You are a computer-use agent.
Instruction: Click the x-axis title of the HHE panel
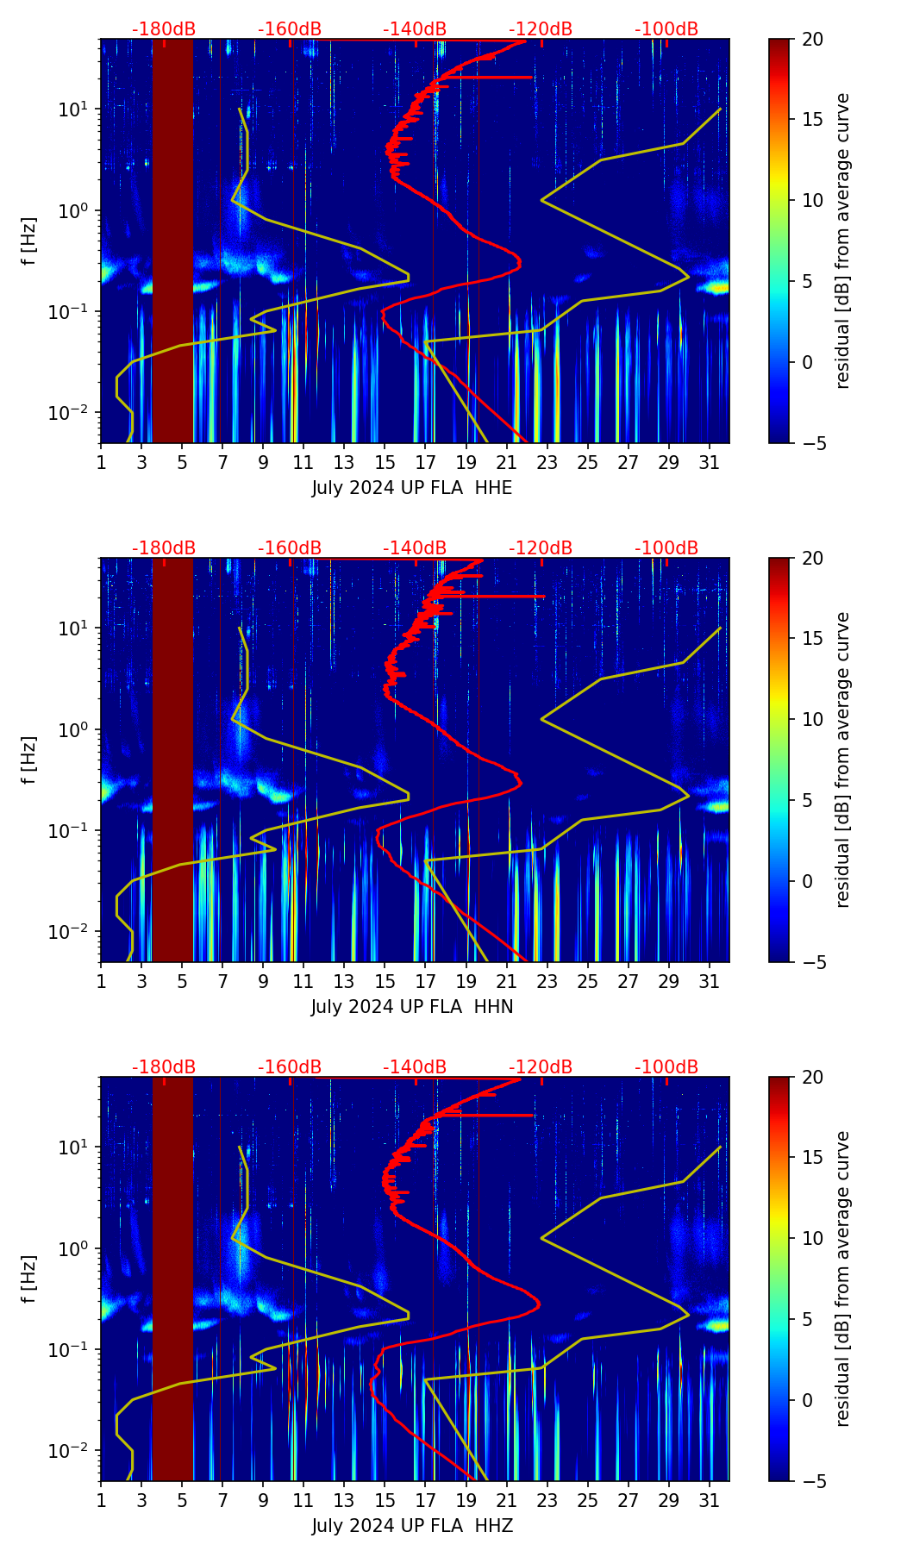[x=412, y=489]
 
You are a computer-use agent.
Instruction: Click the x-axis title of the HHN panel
[x=412, y=1008]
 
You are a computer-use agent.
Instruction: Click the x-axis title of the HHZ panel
[x=412, y=1527]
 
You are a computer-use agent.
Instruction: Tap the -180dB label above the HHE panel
[x=164, y=29]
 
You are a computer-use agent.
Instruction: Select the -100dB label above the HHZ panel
[x=666, y=1067]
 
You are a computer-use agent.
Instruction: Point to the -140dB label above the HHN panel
[x=415, y=548]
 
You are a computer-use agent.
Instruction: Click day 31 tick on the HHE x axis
[x=710, y=463]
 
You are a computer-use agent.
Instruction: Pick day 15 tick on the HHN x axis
[x=385, y=982]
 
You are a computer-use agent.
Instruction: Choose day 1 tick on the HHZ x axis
[x=101, y=1501]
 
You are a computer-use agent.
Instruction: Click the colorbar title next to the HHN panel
[x=842, y=760]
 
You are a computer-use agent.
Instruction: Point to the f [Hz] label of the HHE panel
[x=29, y=241]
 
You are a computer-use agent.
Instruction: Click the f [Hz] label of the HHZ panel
[x=29, y=1279]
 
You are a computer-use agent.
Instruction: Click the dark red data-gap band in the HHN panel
[x=172, y=759]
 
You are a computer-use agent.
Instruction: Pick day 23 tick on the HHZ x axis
[x=547, y=1501]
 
